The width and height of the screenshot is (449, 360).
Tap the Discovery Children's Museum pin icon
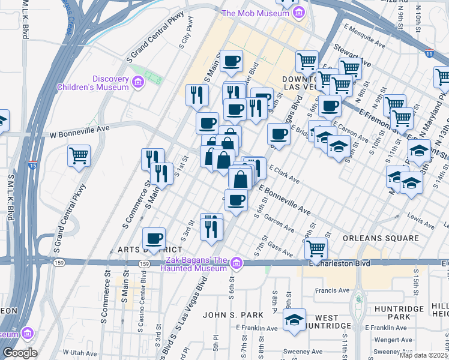point(138,82)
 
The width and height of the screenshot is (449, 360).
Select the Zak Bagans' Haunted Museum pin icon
point(237,263)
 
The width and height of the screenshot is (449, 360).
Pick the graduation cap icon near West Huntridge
point(295,319)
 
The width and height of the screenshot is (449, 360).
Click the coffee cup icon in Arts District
point(154,238)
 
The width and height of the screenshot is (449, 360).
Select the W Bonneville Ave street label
point(79,129)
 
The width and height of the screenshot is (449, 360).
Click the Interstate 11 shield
point(429,53)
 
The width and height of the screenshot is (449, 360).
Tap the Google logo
point(20,353)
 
